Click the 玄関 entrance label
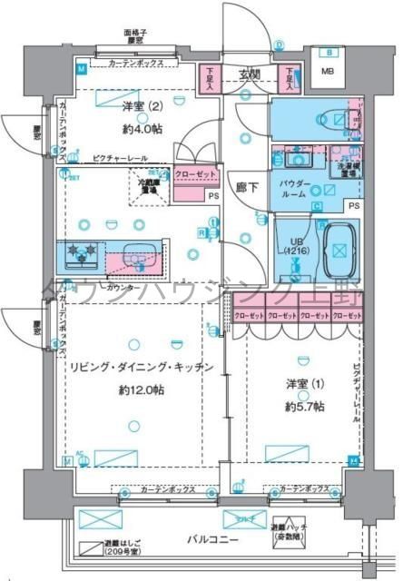(x=251, y=74)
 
